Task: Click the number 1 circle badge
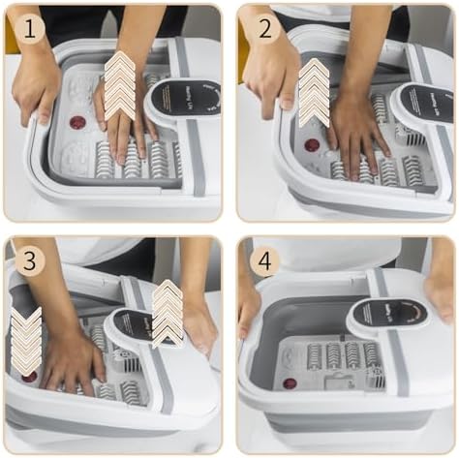(x=30, y=29)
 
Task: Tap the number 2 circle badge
(x=264, y=29)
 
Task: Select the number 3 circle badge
(x=30, y=261)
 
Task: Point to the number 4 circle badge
(x=264, y=261)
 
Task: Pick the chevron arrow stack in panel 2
(x=314, y=92)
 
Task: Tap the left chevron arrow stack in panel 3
(x=26, y=342)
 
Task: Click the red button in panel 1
(x=77, y=123)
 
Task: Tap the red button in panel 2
(x=311, y=145)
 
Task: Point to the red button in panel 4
(x=290, y=383)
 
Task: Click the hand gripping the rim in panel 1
(x=36, y=87)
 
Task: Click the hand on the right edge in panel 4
(x=441, y=295)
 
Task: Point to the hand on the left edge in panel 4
(x=248, y=305)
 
